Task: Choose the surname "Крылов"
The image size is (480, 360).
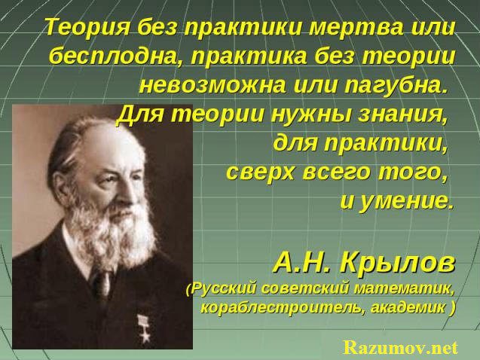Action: (x=397, y=262)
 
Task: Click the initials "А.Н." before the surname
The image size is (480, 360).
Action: (x=302, y=262)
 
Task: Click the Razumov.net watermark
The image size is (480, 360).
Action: (x=401, y=348)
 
